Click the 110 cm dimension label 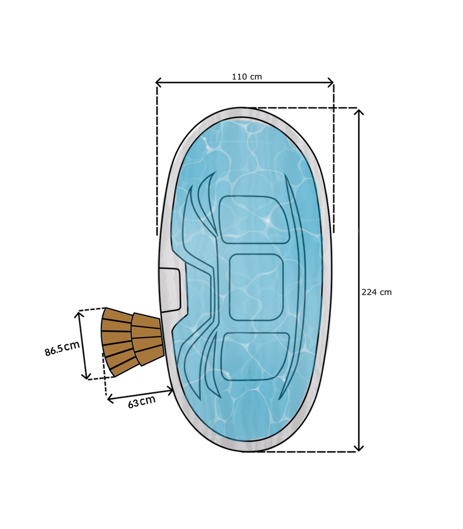[x=247, y=77]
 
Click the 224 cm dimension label [x=376, y=292]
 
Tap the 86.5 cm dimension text [x=62, y=348]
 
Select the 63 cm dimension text [x=142, y=402]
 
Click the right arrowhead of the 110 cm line [x=331, y=82]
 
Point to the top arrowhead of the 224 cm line [x=360, y=112]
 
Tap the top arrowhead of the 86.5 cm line [x=80, y=313]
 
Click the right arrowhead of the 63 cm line [x=170, y=390]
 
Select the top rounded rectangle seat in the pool [x=254, y=219]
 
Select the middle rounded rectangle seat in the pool [x=256, y=287]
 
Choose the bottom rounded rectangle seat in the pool [x=255, y=355]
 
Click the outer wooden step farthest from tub [x=117, y=342]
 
